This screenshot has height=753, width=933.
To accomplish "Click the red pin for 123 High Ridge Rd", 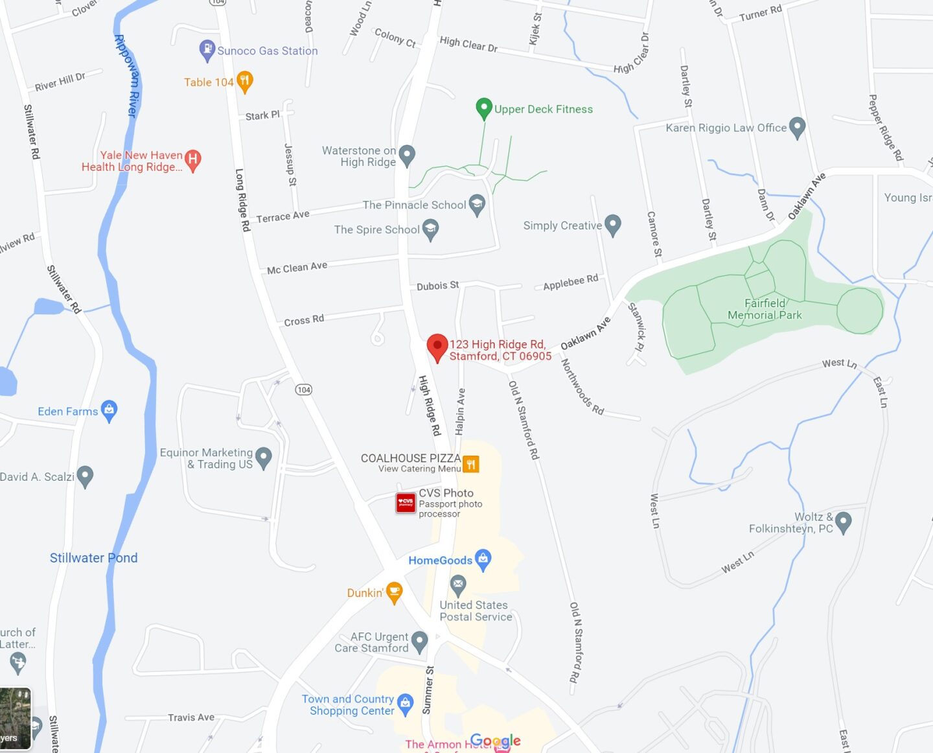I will tap(437, 346).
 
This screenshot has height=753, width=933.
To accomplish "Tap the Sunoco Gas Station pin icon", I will tap(207, 50).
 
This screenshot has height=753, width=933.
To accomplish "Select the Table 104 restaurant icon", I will tap(244, 82).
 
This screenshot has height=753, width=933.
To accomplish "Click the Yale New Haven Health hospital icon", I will tap(192, 159).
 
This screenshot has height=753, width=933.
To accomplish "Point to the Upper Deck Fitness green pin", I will tap(483, 108).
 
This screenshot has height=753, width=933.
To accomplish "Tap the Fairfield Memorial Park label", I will tap(765, 309).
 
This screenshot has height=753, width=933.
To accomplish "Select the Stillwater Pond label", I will tap(93, 558).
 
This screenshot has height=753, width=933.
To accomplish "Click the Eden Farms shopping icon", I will tap(109, 410).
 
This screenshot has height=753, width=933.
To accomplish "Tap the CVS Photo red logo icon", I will tap(406, 503).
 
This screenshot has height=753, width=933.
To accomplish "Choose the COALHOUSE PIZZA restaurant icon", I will tap(471, 463).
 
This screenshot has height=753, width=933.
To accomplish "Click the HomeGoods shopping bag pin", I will tap(483, 559).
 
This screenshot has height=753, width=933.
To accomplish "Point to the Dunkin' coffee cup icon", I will tap(394, 592).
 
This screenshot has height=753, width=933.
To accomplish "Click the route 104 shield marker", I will tap(304, 389).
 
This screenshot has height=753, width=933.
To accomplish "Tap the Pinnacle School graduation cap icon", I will tap(477, 204).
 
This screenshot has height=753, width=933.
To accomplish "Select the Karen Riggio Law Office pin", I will tap(798, 127).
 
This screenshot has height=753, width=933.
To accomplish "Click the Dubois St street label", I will tap(437, 286).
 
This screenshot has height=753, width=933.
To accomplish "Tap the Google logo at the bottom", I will tap(495, 741).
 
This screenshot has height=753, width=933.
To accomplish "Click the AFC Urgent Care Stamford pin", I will tap(419, 641).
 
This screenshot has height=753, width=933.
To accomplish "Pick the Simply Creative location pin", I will tap(612, 224).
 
